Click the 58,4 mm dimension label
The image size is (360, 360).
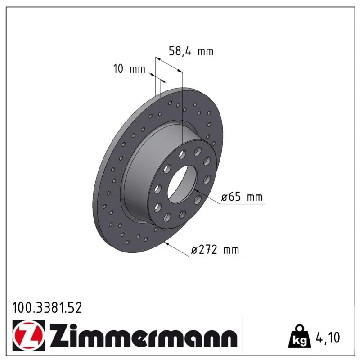click(191, 51)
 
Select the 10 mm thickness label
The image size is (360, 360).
click(129, 69)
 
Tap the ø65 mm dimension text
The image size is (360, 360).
click(242, 197)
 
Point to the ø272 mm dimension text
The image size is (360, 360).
click(215, 250)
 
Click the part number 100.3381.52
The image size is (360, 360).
click(47, 308)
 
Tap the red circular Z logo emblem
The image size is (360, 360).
click(29, 336)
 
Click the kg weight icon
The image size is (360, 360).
click(300, 337)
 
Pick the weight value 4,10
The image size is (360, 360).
click(328, 337)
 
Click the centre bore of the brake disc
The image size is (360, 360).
click(183, 184)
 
